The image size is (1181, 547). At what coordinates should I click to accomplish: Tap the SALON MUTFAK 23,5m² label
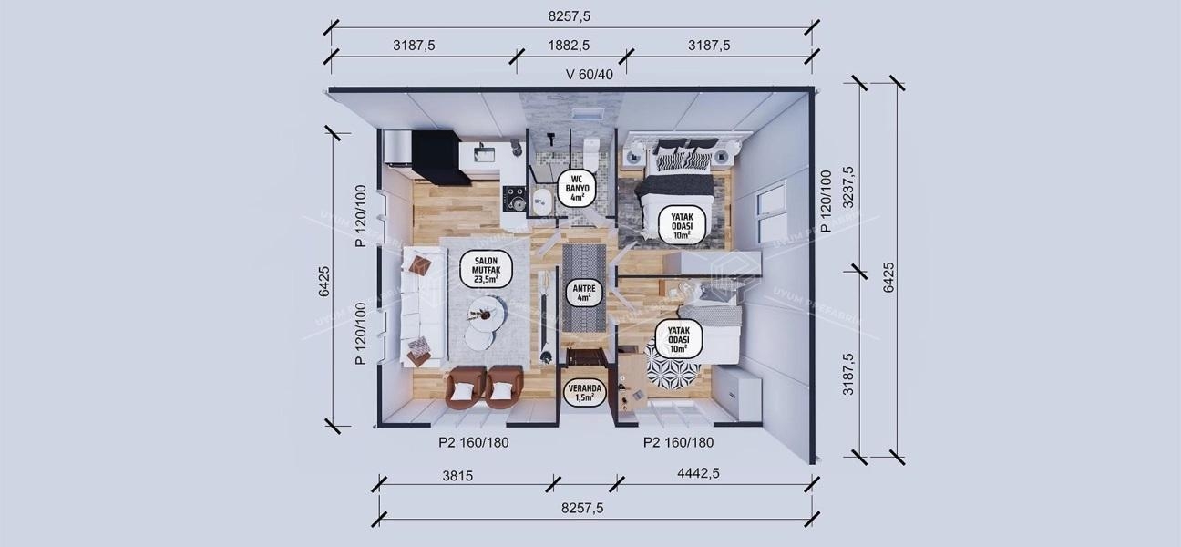(x=487, y=270)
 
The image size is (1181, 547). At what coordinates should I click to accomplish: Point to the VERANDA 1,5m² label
(x=582, y=391)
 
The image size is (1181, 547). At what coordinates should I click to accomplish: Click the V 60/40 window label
(x=590, y=75)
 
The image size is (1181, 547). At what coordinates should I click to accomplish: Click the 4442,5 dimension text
(x=700, y=474)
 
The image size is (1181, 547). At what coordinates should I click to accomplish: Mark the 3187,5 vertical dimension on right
(x=849, y=374)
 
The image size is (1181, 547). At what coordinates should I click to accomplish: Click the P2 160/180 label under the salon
(x=473, y=443)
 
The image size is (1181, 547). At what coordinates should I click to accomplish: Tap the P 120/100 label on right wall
(x=826, y=201)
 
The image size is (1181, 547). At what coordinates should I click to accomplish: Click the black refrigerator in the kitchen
(x=439, y=157)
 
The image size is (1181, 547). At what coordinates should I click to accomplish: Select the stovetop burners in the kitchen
(x=515, y=197)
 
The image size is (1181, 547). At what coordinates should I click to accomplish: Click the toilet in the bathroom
(x=590, y=148)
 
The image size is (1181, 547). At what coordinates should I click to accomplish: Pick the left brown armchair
(x=465, y=387)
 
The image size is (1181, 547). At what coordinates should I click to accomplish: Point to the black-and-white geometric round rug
(x=673, y=372)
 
